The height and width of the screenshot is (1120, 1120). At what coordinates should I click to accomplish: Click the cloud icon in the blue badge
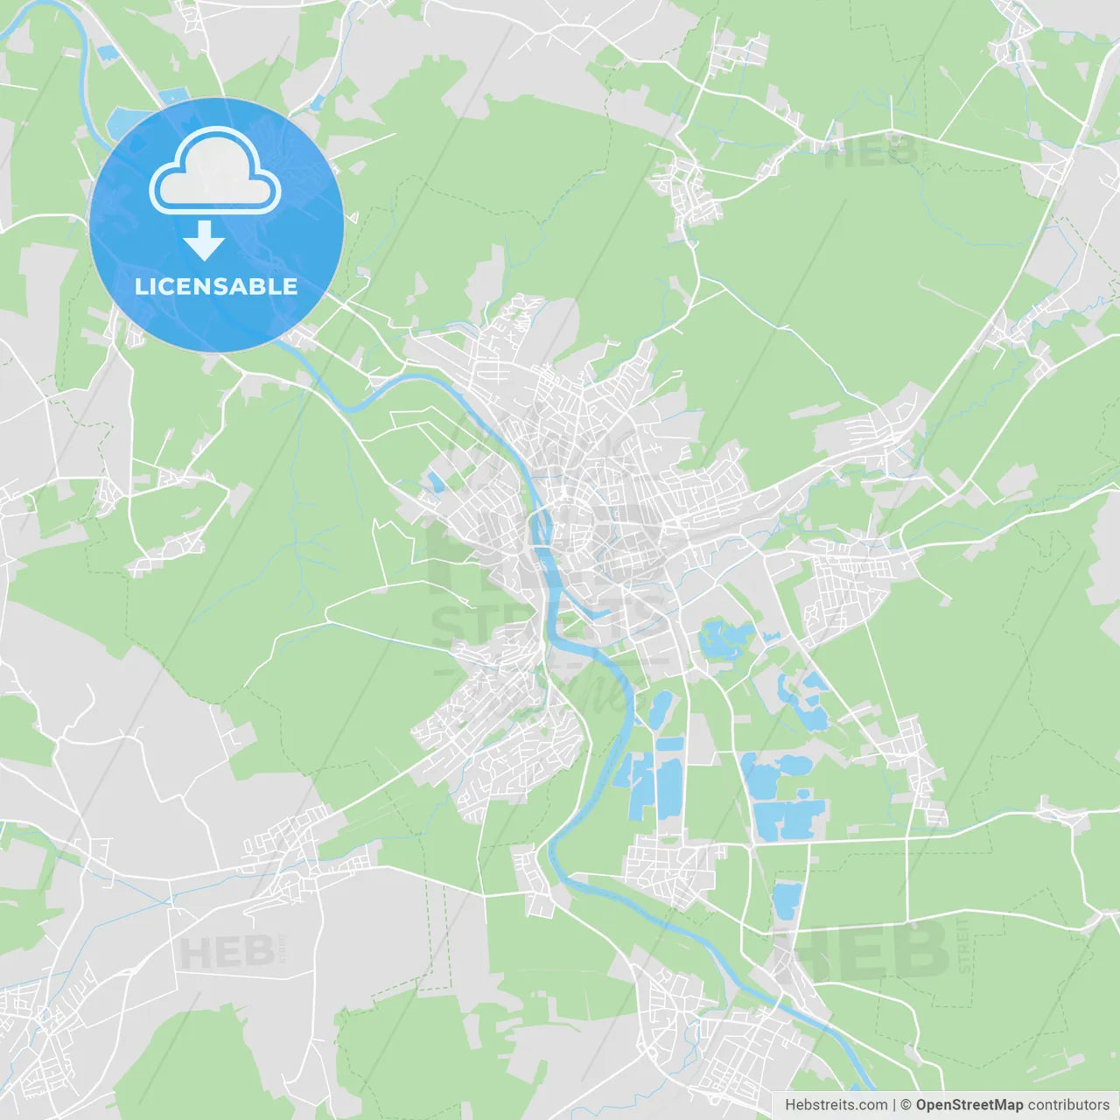click(215, 171)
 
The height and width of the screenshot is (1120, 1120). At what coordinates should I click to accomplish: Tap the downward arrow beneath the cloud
click(205, 241)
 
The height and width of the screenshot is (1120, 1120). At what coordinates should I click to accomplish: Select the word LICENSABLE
click(216, 286)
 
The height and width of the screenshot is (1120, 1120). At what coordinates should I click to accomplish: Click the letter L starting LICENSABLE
click(140, 286)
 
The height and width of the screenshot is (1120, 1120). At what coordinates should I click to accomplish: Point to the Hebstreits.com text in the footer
click(836, 1105)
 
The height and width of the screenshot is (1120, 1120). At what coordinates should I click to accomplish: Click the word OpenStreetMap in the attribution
click(969, 1105)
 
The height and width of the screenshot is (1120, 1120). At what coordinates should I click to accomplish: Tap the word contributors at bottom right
click(1068, 1105)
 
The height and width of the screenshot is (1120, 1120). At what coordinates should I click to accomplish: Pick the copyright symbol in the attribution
click(906, 1105)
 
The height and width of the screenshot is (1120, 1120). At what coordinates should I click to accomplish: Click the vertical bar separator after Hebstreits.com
click(894, 1105)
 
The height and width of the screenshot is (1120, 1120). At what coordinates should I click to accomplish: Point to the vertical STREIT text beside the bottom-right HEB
click(964, 945)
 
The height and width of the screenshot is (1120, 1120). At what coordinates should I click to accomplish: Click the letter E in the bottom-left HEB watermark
click(227, 952)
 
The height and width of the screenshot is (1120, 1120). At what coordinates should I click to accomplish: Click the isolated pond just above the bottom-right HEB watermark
click(786, 899)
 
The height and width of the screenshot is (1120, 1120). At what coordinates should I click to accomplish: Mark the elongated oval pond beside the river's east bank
click(660, 709)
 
